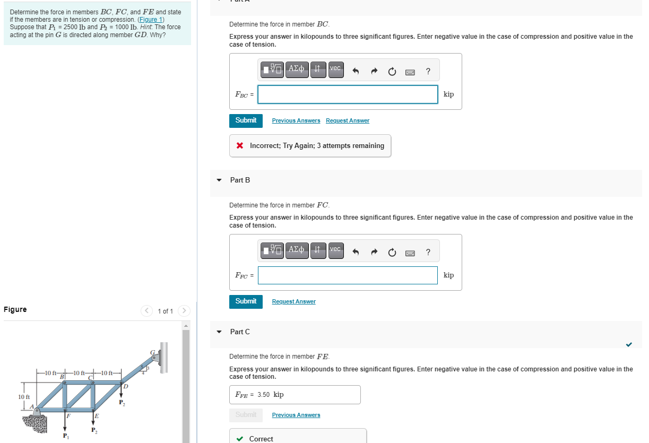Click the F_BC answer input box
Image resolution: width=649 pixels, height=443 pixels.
click(348, 94)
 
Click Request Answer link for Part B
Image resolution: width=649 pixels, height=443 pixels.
click(293, 301)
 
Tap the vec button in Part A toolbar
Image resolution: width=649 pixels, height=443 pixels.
click(335, 69)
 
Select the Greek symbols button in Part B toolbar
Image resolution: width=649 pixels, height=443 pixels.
click(297, 250)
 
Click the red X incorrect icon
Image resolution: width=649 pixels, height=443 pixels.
click(240, 145)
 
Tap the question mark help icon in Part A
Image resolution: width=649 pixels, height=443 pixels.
click(428, 71)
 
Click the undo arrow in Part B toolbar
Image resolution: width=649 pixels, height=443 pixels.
click(356, 252)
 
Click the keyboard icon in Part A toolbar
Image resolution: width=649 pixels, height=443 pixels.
click(410, 71)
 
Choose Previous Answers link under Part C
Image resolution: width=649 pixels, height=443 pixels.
click(296, 415)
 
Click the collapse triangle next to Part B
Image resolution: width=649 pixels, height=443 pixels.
click(219, 180)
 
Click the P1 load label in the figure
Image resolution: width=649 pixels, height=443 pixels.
click(65, 436)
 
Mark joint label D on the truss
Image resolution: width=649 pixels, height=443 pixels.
click(125, 386)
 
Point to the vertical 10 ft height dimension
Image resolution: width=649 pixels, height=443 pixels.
click(23, 396)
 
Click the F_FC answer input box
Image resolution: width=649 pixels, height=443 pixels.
click(348, 275)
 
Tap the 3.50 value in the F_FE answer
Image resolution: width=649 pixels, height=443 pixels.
click(264, 395)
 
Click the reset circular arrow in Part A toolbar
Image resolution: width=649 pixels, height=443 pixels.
click(392, 71)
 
